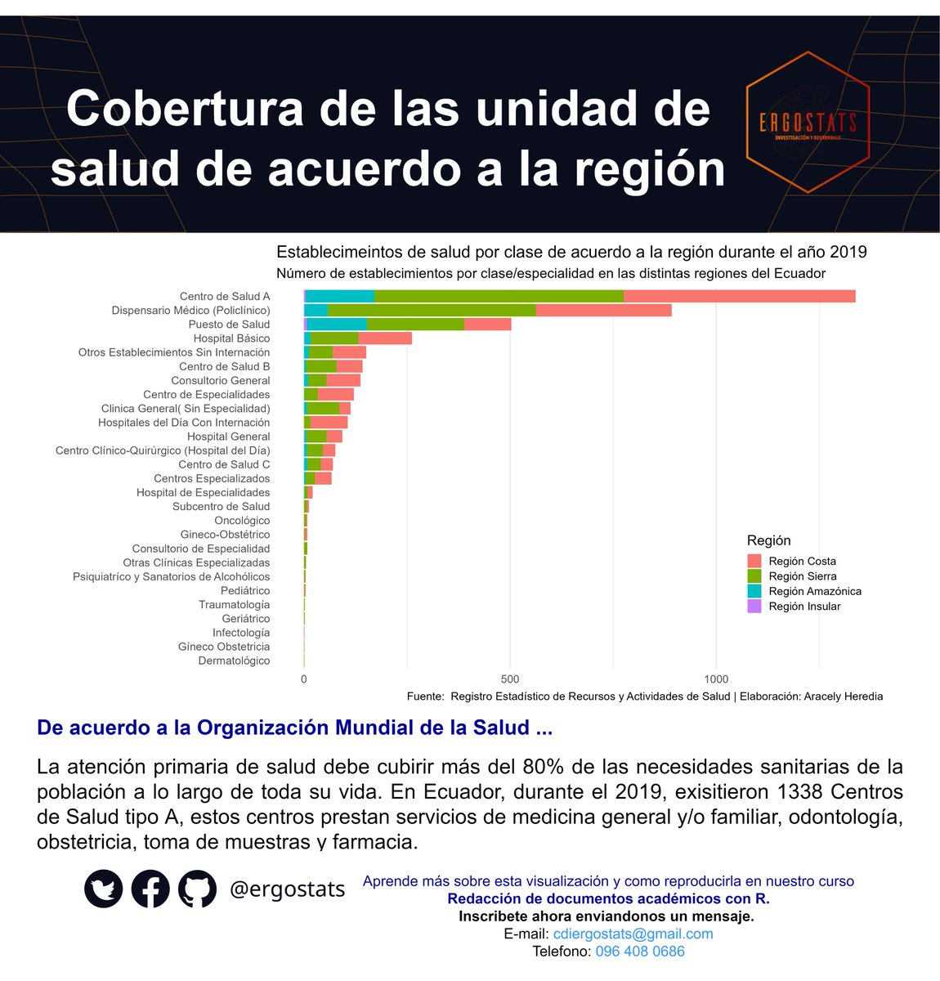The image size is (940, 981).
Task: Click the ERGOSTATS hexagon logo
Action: pyautogui.click(x=808, y=123)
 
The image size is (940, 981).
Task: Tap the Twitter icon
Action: pyautogui.click(x=104, y=889)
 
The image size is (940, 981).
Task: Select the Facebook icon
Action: pyautogui.click(x=150, y=889)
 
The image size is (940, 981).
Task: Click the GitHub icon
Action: pyautogui.click(x=197, y=889)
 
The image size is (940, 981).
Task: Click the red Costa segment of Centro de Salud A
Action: pyautogui.click(x=739, y=297)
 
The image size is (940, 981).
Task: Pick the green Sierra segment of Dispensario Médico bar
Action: pyautogui.click(x=432, y=311)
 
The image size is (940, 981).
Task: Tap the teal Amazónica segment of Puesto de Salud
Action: pyautogui.click(x=337, y=325)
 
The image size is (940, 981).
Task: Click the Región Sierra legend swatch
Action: pyautogui.click(x=754, y=576)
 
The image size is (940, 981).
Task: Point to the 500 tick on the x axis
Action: pyautogui.click(x=510, y=679)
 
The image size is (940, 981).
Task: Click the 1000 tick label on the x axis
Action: pyautogui.click(x=716, y=679)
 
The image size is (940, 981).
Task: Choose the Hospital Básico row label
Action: pyautogui.click(x=231, y=338)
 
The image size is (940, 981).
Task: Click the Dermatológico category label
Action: pyautogui.click(x=234, y=661)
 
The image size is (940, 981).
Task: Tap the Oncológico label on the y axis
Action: pyautogui.click(x=242, y=521)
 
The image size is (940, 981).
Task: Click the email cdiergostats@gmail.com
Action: pyautogui.click(x=633, y=934)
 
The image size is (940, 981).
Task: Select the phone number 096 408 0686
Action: pyautogui.click(x=640, y=952)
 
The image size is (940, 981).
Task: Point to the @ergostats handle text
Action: pyautogui.click(x=287, y=889)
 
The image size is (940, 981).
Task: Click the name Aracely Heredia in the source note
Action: pyautogui.click(x=843, y=697)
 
